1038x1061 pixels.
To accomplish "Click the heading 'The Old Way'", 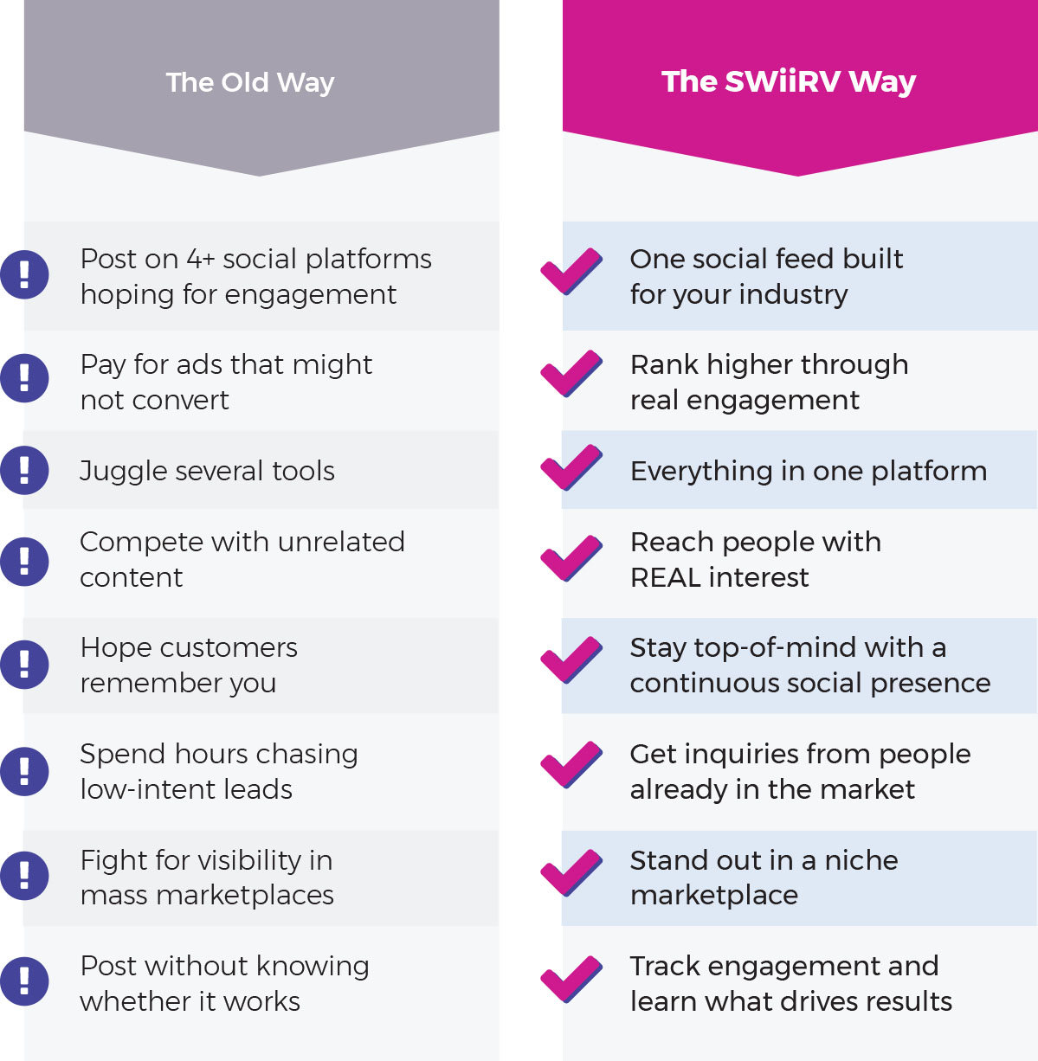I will (x=249, y=82).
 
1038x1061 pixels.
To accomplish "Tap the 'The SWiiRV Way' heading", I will (x=788, y=81).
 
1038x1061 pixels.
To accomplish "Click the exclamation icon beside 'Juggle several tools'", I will (x=24, y=470).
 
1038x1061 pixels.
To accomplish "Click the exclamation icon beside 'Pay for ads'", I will (x=24, y=377).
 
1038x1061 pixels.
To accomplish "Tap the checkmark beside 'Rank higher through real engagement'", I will (x=571, y=373).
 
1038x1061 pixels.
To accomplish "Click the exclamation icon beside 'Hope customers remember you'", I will (x=24, y=664).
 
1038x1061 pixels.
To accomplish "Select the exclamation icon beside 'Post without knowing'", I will (x=24, y=981).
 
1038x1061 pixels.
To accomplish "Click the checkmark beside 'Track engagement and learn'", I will (x=571, y=979).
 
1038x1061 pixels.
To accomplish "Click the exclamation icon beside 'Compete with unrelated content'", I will (x=24, y=561).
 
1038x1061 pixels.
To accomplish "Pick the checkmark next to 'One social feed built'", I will (x=571, y=271).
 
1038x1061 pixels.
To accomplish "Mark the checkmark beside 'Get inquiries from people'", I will (x=571, y=765).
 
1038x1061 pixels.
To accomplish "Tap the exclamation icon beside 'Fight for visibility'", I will (x=24, y=875).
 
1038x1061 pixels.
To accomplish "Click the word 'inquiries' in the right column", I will (x=733, y=755).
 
